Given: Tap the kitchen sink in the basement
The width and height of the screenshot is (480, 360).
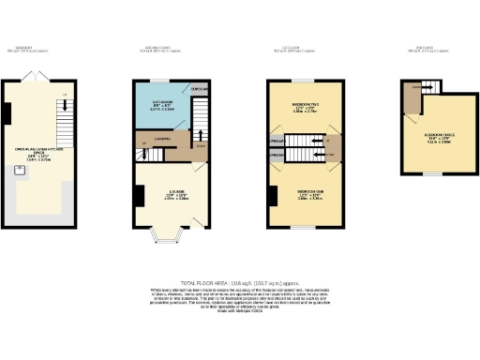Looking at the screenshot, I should click(19, 170).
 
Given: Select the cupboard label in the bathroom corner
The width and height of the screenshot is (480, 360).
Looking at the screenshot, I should click(200, 89).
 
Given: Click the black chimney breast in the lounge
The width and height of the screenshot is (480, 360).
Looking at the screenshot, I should click(139, 196).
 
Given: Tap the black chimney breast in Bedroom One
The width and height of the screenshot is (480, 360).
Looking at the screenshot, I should click(269, 196).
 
